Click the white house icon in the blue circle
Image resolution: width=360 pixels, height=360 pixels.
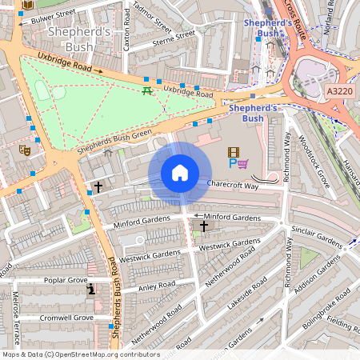click(180, 173)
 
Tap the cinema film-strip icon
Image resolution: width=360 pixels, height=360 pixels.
click(233, 152)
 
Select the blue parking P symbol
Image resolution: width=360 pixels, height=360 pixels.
click(233, 164)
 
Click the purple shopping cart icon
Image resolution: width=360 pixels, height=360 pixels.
click(243, 164)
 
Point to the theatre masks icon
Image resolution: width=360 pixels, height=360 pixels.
click(25, 149)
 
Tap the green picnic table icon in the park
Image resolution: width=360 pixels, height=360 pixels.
click(146, 91)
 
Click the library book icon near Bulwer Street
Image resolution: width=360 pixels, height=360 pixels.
click(28, 5)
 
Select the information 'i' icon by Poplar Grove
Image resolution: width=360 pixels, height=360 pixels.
click(92, 290)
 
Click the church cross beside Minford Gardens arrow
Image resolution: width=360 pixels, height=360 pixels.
click(203, 227)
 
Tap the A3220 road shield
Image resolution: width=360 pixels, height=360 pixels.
click(339, 93)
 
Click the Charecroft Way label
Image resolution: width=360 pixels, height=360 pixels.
click(233, 185)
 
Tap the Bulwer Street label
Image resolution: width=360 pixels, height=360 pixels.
click(50, 16)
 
